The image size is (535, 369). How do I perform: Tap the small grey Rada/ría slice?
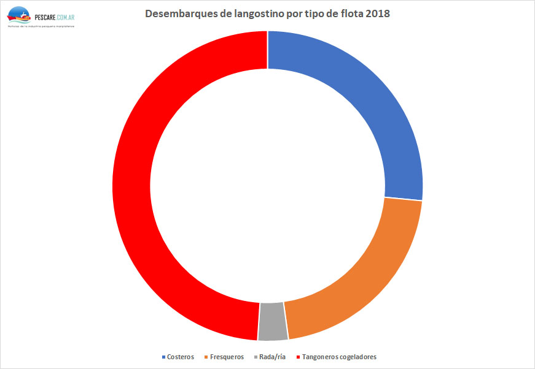click(x=273, y=321)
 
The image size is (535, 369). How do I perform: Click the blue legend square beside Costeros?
click(x=163, y=357)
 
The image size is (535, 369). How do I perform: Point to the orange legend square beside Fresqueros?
click(x=206, y=357)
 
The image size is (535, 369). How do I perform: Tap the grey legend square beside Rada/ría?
click(x=256, y=357)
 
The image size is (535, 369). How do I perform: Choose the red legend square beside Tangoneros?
click(x=299, y=357)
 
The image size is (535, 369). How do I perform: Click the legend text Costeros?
click(x=181, y=357)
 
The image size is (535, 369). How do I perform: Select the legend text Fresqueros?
click(x=227, y=357)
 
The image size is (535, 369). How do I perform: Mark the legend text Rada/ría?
click(x=273, y=357)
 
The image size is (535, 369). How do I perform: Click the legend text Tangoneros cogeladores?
click(x=340, y=357)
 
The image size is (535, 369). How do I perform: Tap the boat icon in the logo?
click(x=19, y=15)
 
